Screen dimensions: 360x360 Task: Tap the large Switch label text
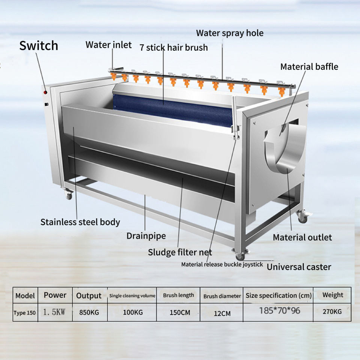pos(39,46)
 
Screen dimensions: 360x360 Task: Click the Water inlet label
pos(108,45)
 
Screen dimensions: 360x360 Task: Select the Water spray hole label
pos(229,33)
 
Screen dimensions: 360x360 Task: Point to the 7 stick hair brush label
pos(173,48)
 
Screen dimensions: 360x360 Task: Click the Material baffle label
pos(309,67)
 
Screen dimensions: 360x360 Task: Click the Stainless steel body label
pos(80,222)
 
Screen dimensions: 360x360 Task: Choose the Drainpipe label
pos(146,236)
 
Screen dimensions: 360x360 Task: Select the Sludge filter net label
pos(180,252)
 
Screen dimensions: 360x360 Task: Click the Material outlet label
pos(302,237)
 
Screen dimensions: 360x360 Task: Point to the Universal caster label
pos(299,267)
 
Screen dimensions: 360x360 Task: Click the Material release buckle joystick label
pos(222,264)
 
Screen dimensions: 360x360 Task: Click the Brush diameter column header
pos(222,296)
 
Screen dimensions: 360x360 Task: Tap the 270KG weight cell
pos(332,312)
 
